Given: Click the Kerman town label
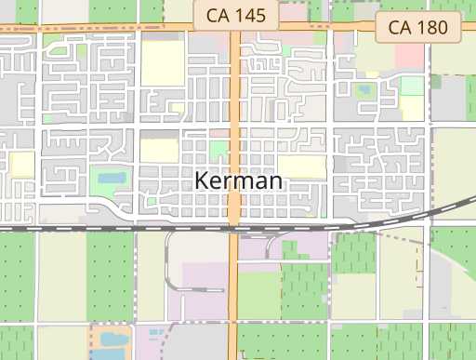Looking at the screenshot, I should [x=238, y=180].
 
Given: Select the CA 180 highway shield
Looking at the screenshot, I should [x=418, y=28].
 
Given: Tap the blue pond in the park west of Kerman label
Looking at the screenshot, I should [x=112, y=176].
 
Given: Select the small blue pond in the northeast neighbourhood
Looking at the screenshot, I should [x=362, y=91].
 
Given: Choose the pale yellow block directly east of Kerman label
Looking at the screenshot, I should [x=302, y=167].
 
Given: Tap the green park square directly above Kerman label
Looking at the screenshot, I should [x=218, y=149].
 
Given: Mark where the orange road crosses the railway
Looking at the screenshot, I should [x=234, y=226].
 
